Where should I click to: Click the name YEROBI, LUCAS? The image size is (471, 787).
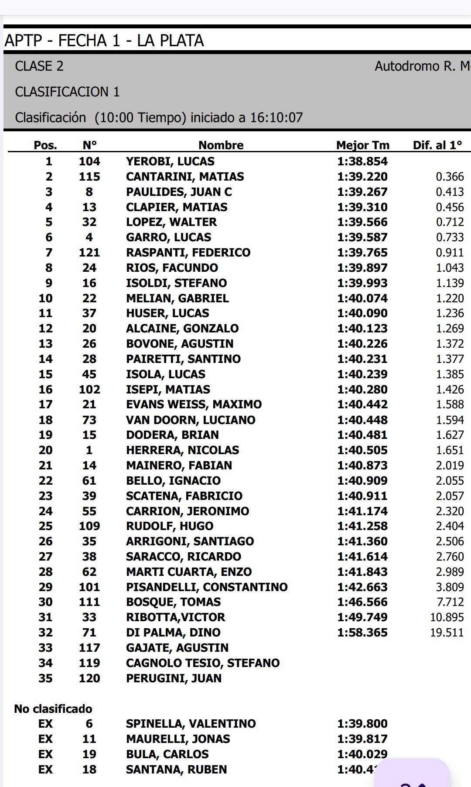(170, 161)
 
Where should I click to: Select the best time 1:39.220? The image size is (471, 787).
(362, 177)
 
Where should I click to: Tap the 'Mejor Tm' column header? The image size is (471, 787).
(362, 145)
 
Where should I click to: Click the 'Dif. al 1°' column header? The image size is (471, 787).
(437, 145)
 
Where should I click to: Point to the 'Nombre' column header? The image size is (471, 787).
(221, 145)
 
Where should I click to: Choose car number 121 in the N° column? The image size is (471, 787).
(89, 253)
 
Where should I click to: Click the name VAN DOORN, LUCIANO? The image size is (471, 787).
(191, 420)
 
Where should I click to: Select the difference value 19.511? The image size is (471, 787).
(447, 633)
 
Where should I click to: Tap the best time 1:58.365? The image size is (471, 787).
(362, 633)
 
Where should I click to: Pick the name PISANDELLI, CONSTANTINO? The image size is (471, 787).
(207, 587)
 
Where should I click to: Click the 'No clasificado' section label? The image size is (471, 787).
(53, 708)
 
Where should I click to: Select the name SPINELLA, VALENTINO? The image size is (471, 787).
(191, 724)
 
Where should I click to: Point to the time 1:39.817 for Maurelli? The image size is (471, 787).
(362, 739)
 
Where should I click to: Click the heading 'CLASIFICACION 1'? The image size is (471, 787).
(67, 92)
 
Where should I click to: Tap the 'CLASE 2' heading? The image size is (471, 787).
(39, 66)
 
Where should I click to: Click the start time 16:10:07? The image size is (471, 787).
(276, 117)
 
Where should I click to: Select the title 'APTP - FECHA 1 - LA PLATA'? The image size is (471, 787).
(104, 41)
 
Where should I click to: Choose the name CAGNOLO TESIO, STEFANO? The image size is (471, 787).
(203, 663)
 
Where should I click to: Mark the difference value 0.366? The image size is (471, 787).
(450, 177)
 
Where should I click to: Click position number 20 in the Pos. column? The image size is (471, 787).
(45, 450)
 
